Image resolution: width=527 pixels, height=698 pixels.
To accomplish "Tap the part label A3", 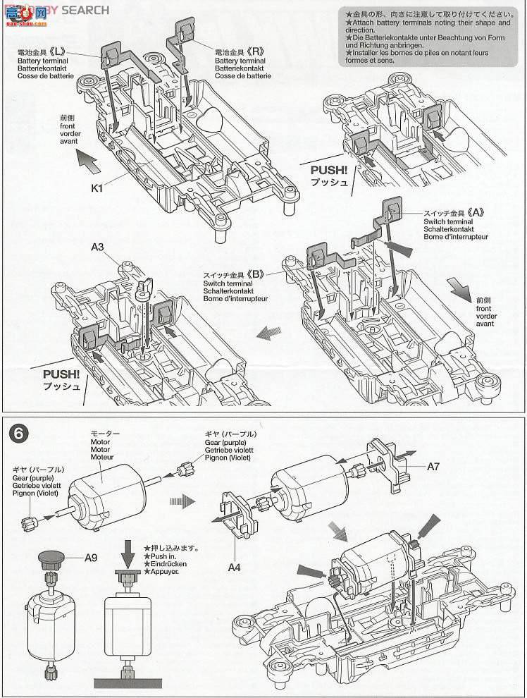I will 98,247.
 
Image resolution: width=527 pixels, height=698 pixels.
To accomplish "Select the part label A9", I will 92,558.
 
